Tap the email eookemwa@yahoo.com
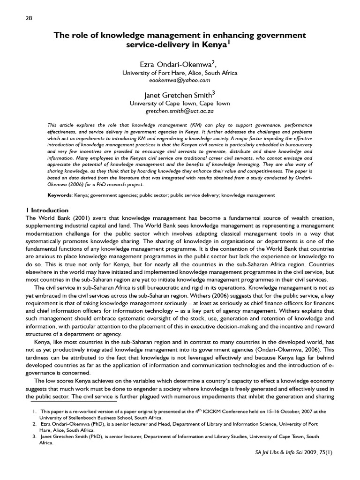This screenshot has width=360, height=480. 180,81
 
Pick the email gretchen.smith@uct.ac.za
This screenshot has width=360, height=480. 180,112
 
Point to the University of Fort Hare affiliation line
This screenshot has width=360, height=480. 180,73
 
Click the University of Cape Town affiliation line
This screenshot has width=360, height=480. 180,103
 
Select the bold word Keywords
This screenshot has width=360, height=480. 60,195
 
